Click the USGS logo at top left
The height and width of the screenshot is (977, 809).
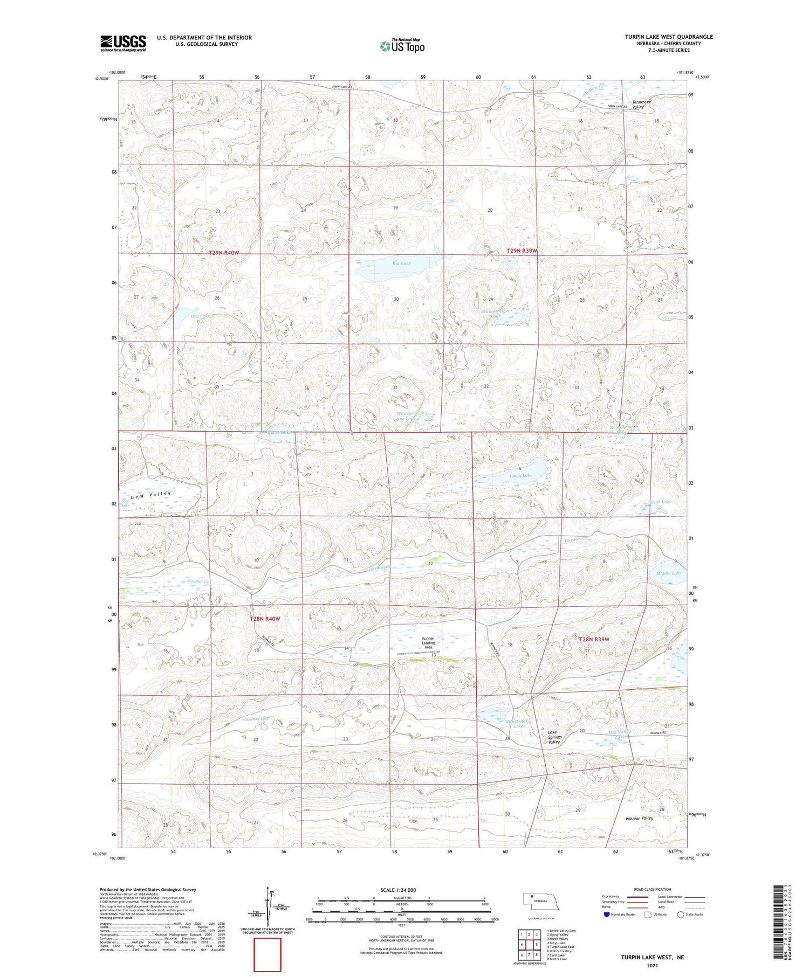[x=123, y=43]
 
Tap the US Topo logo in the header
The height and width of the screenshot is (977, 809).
[x=402, y=46]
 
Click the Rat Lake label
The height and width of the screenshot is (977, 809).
[x=401, y=264]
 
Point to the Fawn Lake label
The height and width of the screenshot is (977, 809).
[x=521, y=475]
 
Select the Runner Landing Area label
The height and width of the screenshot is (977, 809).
[x=428, y=643]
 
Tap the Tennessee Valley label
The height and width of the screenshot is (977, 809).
[x=641, y=104]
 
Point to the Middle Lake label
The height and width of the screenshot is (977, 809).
[x=669, y=573]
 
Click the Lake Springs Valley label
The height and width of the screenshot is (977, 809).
[x=554, y=737]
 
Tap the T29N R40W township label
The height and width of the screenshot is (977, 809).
[x=223, y=253]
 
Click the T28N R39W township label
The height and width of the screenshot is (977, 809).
[x=594, y=640]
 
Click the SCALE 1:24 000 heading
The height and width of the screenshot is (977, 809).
[x=401, y=890]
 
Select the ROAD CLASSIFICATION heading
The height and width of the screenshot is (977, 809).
[x=653, y=889]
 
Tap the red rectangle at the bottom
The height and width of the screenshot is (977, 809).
[x=268, y=953]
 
